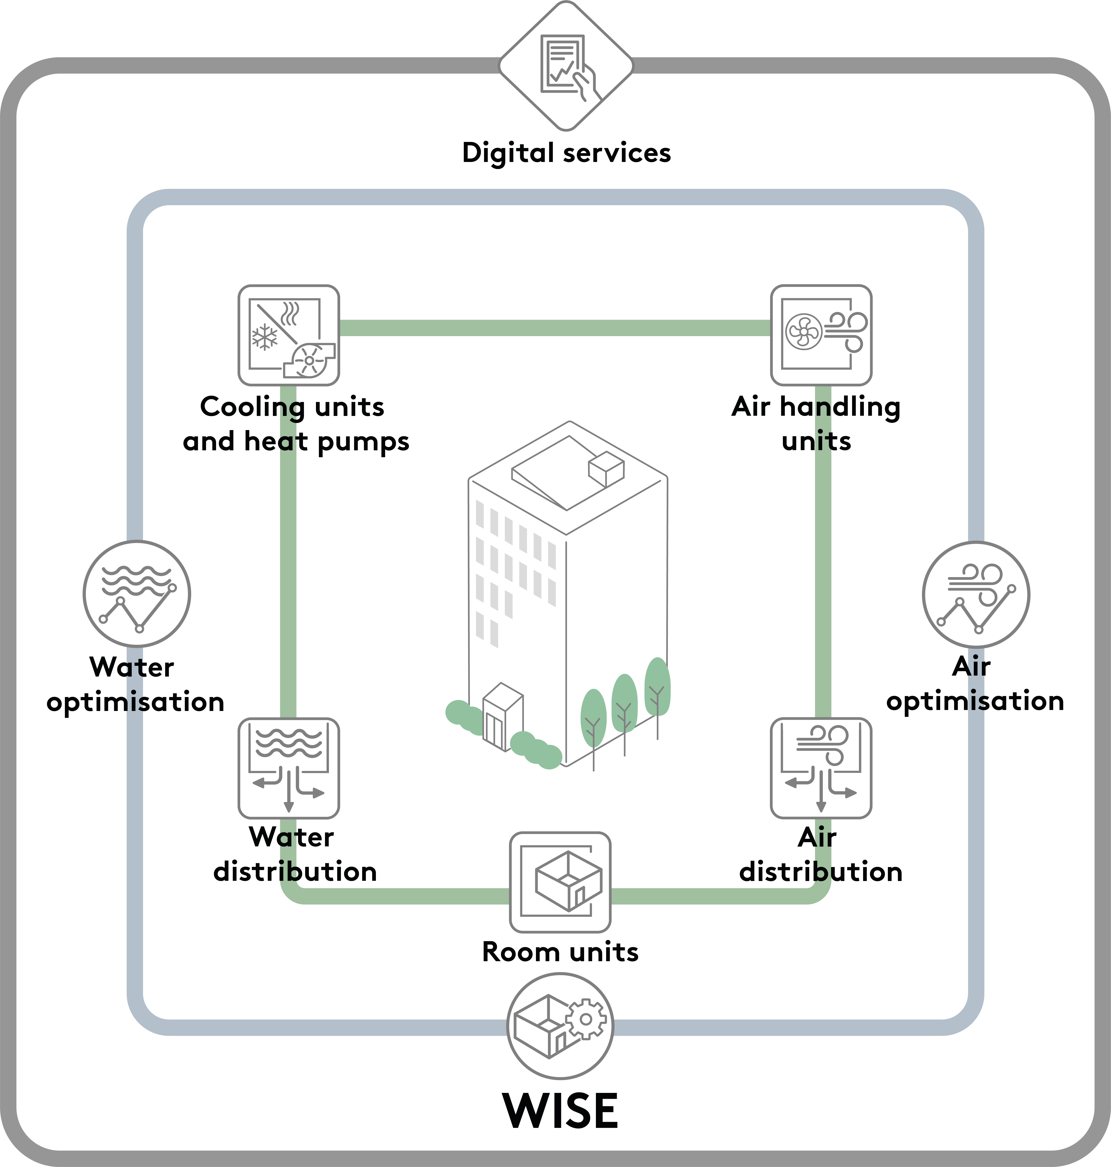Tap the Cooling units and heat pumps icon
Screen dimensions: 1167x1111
click(288, 335)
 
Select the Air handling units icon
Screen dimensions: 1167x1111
click(821, 335)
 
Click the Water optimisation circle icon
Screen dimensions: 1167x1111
click(137, 593)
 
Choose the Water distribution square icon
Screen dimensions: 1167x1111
click(288, 768)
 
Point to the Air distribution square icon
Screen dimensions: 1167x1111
click(821, 768)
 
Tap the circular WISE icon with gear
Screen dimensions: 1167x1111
click(560, 1025)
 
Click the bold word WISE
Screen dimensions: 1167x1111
click(560, 1111)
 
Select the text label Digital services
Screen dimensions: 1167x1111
click(566, 153)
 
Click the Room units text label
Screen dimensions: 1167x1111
click(560, 952)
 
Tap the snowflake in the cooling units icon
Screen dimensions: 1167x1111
click(265, 338)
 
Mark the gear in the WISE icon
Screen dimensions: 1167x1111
click(586, 1019)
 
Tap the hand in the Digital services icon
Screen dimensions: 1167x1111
click(585, 83)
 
